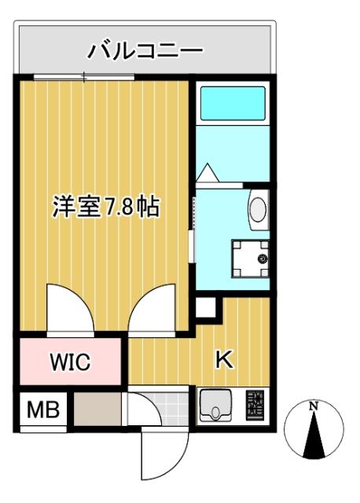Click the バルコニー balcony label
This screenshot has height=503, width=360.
click(145, 52)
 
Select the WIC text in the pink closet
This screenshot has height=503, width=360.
click(72, 362)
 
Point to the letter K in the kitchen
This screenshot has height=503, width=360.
click(224, 360)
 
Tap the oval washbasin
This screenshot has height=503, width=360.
click(257, 209)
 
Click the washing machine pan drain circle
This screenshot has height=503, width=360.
click(263, 257)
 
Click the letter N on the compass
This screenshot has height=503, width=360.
click(313, 406)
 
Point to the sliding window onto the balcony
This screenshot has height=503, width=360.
click(85, 76)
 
